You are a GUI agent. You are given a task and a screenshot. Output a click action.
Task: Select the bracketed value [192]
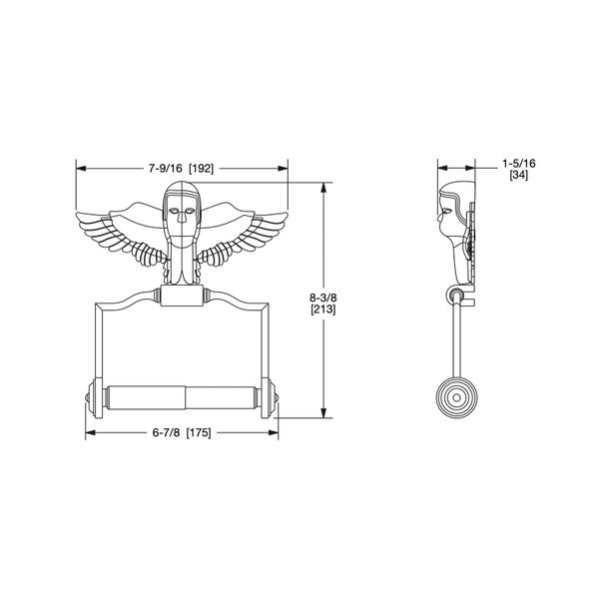(204, 168)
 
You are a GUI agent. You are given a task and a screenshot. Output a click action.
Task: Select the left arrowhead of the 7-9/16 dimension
(81, 168)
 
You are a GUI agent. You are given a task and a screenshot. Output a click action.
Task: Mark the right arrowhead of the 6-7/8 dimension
(281, 434)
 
